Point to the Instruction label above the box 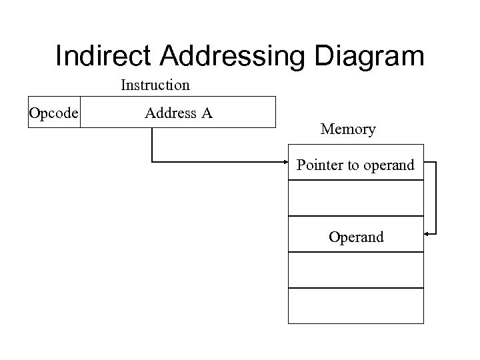(155, 85)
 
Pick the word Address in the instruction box (168, 113)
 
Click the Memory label (347, 129)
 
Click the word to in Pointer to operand (351, 164)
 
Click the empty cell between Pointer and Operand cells (356, 198)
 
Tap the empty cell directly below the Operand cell (356, 270)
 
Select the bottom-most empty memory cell (356, 305)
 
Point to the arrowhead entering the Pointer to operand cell (284, 161)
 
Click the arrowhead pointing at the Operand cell (428, 233)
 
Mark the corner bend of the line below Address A (153, 161)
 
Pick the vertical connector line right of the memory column (436, 197)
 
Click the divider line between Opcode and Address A (80, 112)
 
